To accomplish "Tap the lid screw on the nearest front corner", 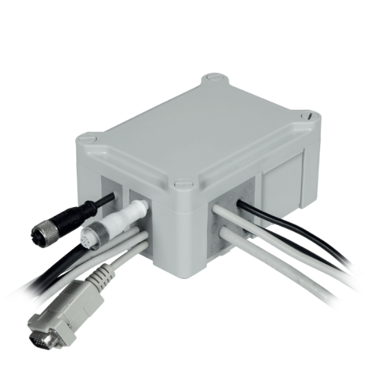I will [182, 184].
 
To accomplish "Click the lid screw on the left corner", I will [85, 139].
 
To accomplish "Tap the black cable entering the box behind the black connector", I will [103, 200].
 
